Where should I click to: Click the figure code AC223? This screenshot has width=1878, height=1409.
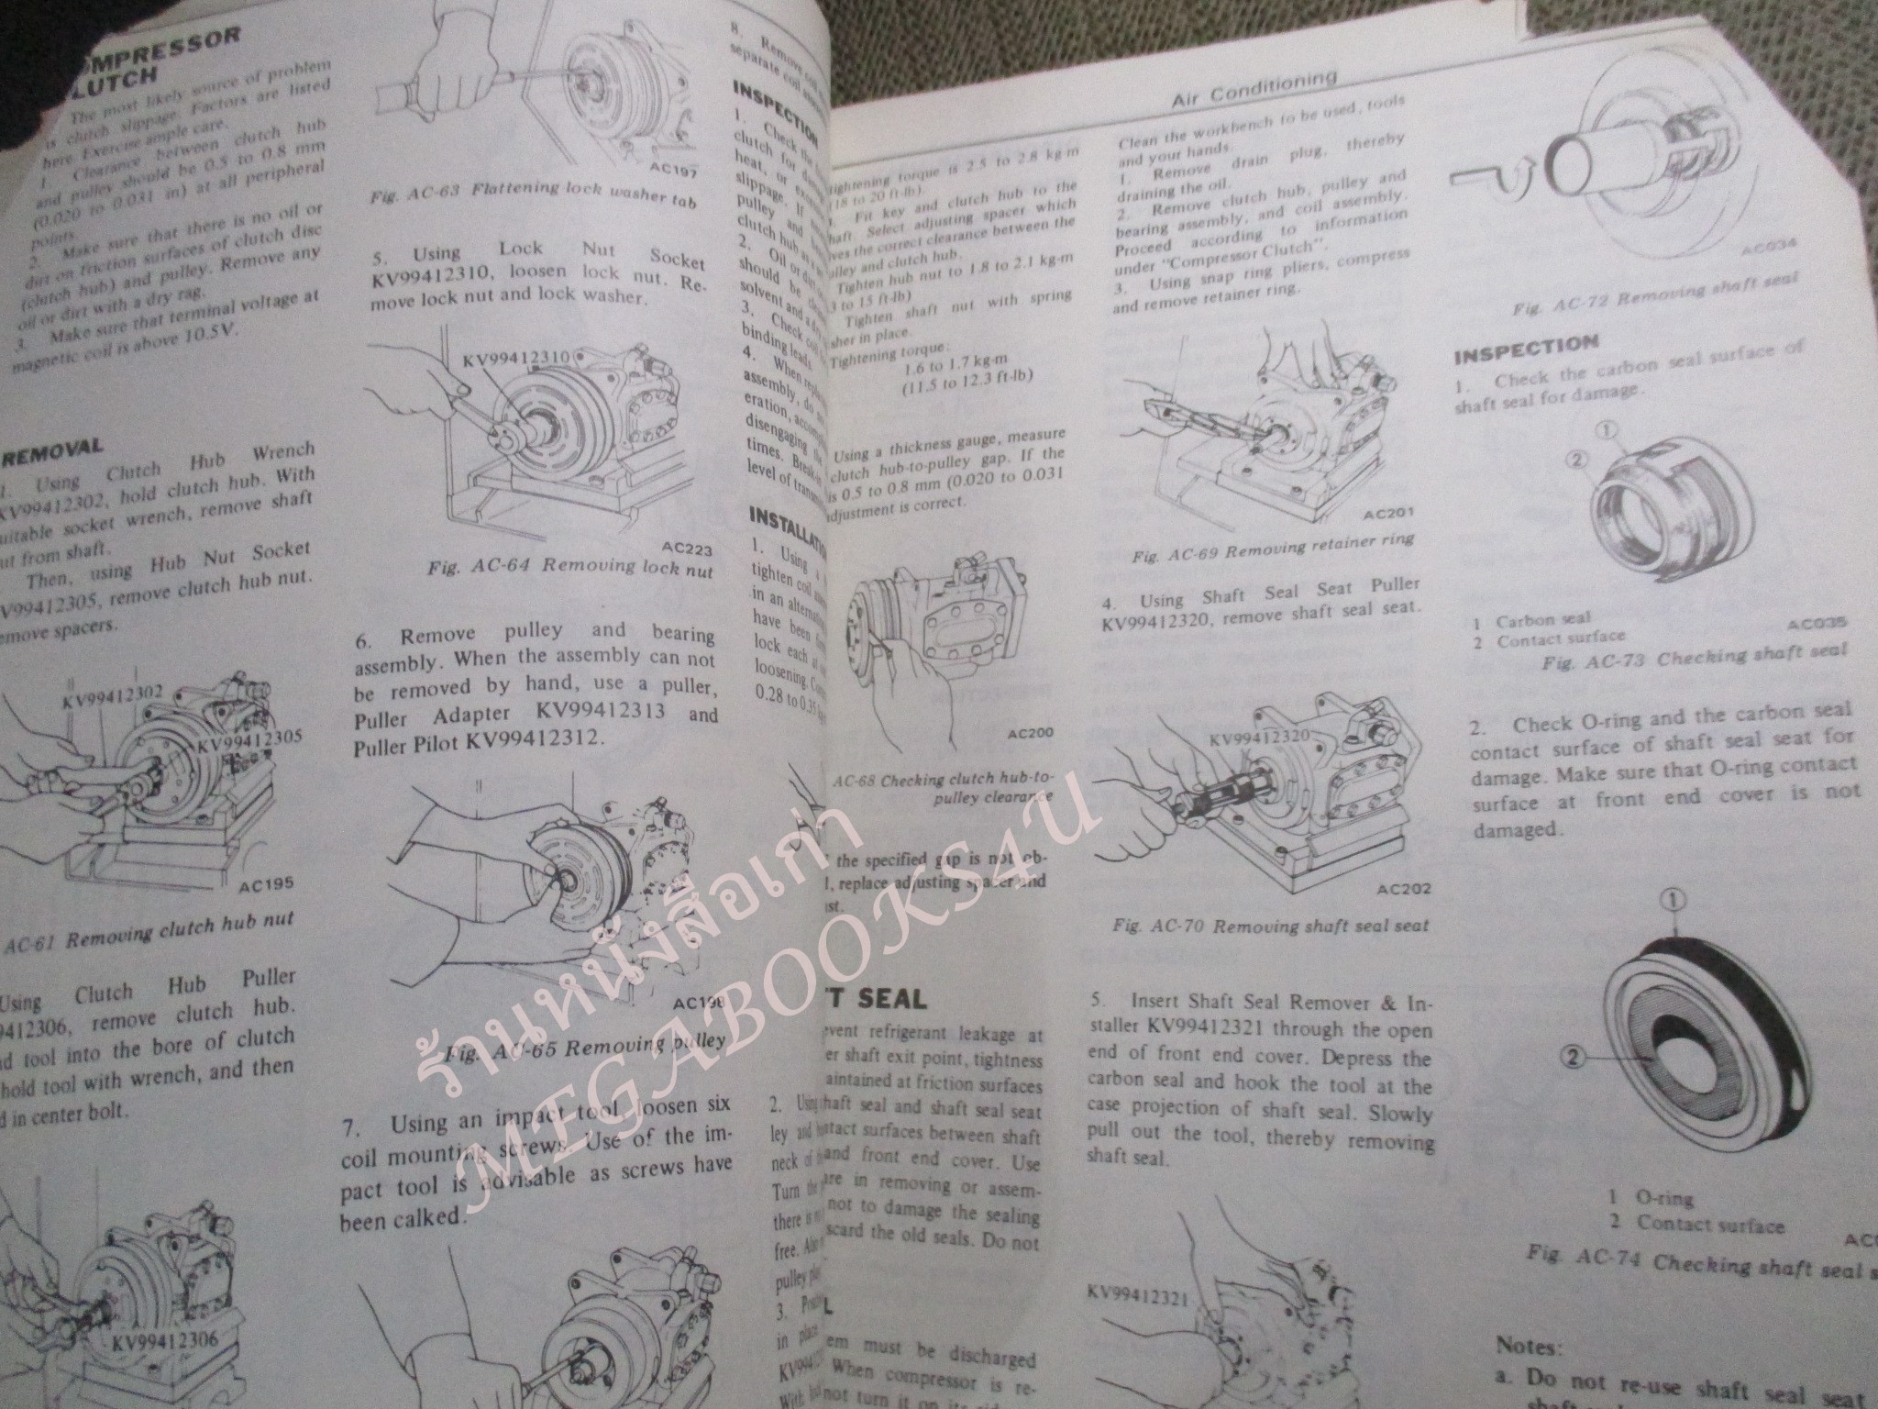tap(686, 549)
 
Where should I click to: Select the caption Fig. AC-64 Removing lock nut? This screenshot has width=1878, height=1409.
tap(569, 568)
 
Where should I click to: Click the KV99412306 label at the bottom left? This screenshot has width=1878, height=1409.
tap(165, 1342)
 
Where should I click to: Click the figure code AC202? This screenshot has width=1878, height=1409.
tap(1404, 890)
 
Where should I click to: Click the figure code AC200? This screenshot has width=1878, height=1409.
tap(1030, 733)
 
